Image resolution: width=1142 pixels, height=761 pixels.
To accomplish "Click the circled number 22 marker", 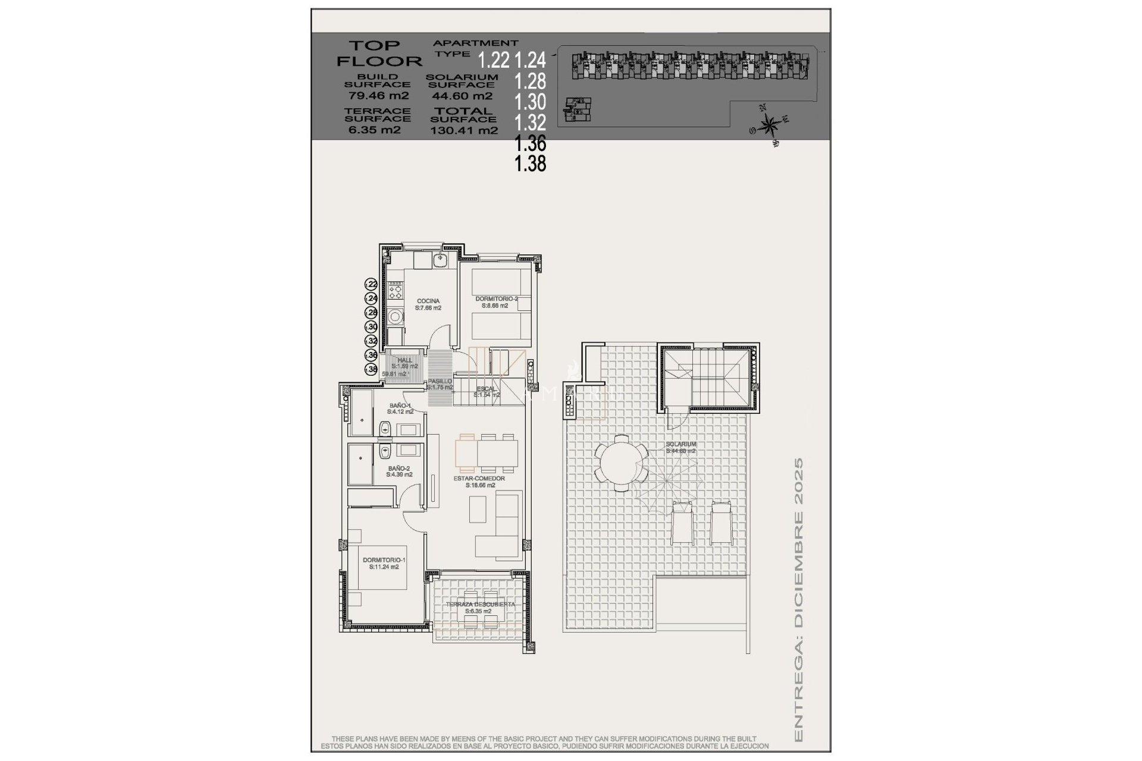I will [372, 284].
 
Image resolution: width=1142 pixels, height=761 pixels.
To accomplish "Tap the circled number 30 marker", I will [372, 326].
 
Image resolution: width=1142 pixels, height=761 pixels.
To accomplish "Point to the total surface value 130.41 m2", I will [464, 130].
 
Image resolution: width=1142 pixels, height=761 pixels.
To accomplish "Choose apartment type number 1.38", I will [531, 163].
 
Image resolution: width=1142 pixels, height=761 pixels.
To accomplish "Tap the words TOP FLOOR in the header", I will [379, 53].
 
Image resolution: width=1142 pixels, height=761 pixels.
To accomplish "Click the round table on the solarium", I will [622, 462].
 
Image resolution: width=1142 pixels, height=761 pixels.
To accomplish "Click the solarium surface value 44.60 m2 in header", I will [462, 96].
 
